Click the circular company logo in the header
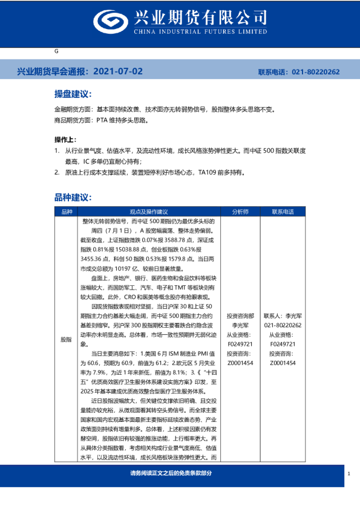click(x=111, y=22)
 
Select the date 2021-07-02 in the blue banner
click(x=119, y=71)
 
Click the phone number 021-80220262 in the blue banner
click(x=316, y=72)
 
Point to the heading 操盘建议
click(x=72, y=95)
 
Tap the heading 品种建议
click(x=72, y=198)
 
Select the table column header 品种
click(x=67, y=212)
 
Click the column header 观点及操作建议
click(x=148, y=212)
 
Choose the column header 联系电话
click(x=283, y=212)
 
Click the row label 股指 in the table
click(x=67, y=340)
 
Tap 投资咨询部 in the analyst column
click(x=240, y=316)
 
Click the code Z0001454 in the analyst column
click(x=240, y=363)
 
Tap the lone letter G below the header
click(x=56, y=52)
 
